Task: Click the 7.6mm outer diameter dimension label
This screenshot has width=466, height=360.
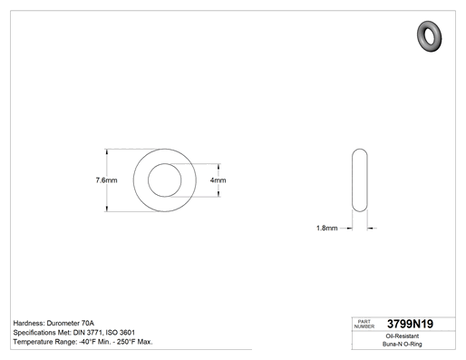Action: [x=106, y=180]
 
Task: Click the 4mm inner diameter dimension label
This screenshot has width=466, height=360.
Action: [x=218, y=180]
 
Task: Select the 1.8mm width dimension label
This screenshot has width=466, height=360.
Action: [x=326, y=228]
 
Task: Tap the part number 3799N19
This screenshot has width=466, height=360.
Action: [x=410, y=324]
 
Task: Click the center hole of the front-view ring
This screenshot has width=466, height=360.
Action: [x=165, y=180]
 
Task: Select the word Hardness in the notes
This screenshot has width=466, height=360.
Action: [x=29, y=323]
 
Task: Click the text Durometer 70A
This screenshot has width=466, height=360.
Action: [x=71, y=323]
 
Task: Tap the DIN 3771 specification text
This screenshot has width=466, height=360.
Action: [x=87, y=333]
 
